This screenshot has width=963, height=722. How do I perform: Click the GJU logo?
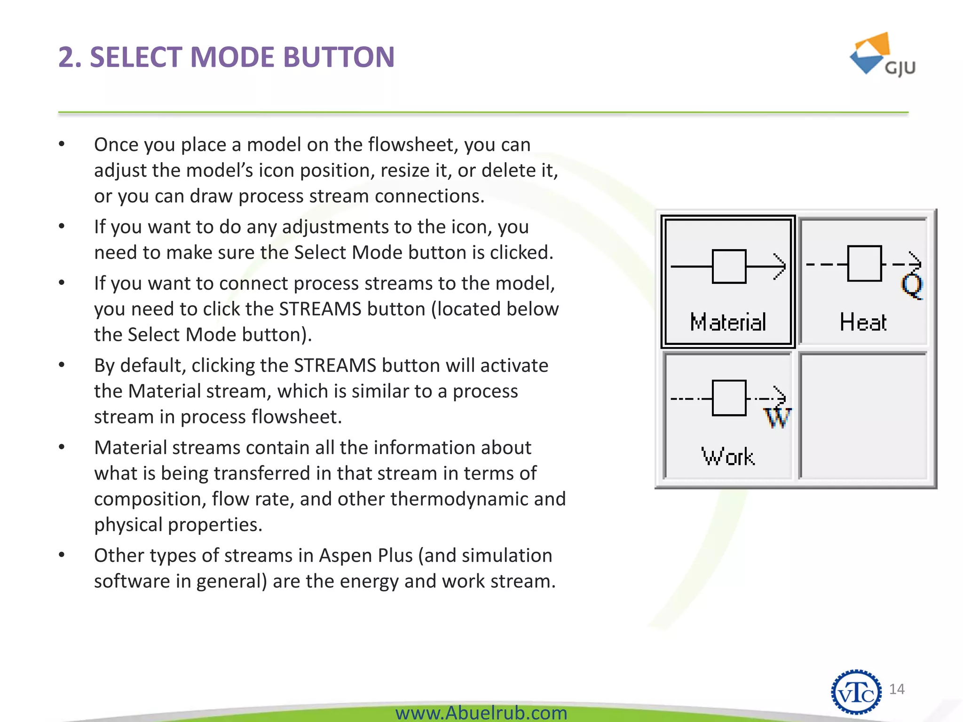pyautogui.click(x=882, y=55)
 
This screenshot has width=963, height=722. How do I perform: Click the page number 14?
pyautogui.click(x=897, y=689)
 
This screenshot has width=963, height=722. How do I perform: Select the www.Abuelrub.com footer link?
pyautogui.click(x=481, y=713)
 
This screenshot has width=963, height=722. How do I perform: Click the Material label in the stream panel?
pyautogui.click(x=728, y=322)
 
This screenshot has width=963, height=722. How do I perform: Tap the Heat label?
pyautogui.click(x=863, y=322)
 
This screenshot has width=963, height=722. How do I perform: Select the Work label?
pyautogui.click(x=728, y=456)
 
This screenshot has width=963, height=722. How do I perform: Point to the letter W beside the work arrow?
pyautogui.click(x=777, y=417)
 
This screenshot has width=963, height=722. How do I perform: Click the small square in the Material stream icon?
pyautogui.click(x=729, y=267)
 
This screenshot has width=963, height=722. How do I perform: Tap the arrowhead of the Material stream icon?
pyautogui.click(x=781, y=267)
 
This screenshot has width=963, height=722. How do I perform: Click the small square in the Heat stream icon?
pyautogui.click(x=864, y=264)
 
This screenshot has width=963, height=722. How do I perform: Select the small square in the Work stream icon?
pyautogui.click(x=729, y=398)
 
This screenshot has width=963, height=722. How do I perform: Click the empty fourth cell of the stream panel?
pyautogui.click(x=863, y=416)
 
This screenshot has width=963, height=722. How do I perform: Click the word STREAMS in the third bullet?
pyautogui.click(x=320, y=309)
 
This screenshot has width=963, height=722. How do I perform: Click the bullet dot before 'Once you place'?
pyautogui.click(x=62, y=144)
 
